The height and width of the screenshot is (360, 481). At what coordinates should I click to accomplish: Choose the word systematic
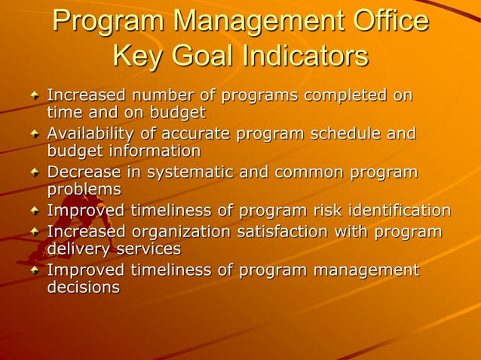(195, 172)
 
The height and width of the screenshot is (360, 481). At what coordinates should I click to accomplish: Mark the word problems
(84, 189)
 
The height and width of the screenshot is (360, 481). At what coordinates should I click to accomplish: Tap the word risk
(326, 210)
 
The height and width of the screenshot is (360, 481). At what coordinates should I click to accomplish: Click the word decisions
(83, 287)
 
